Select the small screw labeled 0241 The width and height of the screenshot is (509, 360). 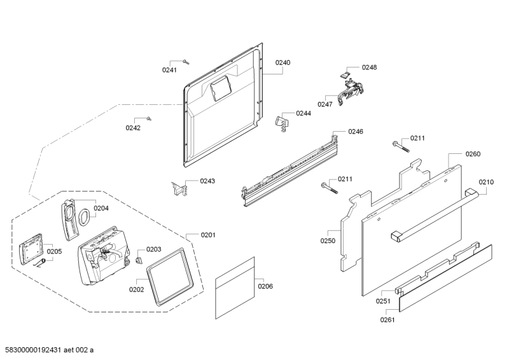tap(186, 62)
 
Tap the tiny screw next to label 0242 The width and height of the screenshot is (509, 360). tap(148, 118)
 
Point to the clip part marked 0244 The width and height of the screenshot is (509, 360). tap(281, 121)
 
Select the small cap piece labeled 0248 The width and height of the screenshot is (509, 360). tap(347, 74)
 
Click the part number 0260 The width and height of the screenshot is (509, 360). tap(473, 154)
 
